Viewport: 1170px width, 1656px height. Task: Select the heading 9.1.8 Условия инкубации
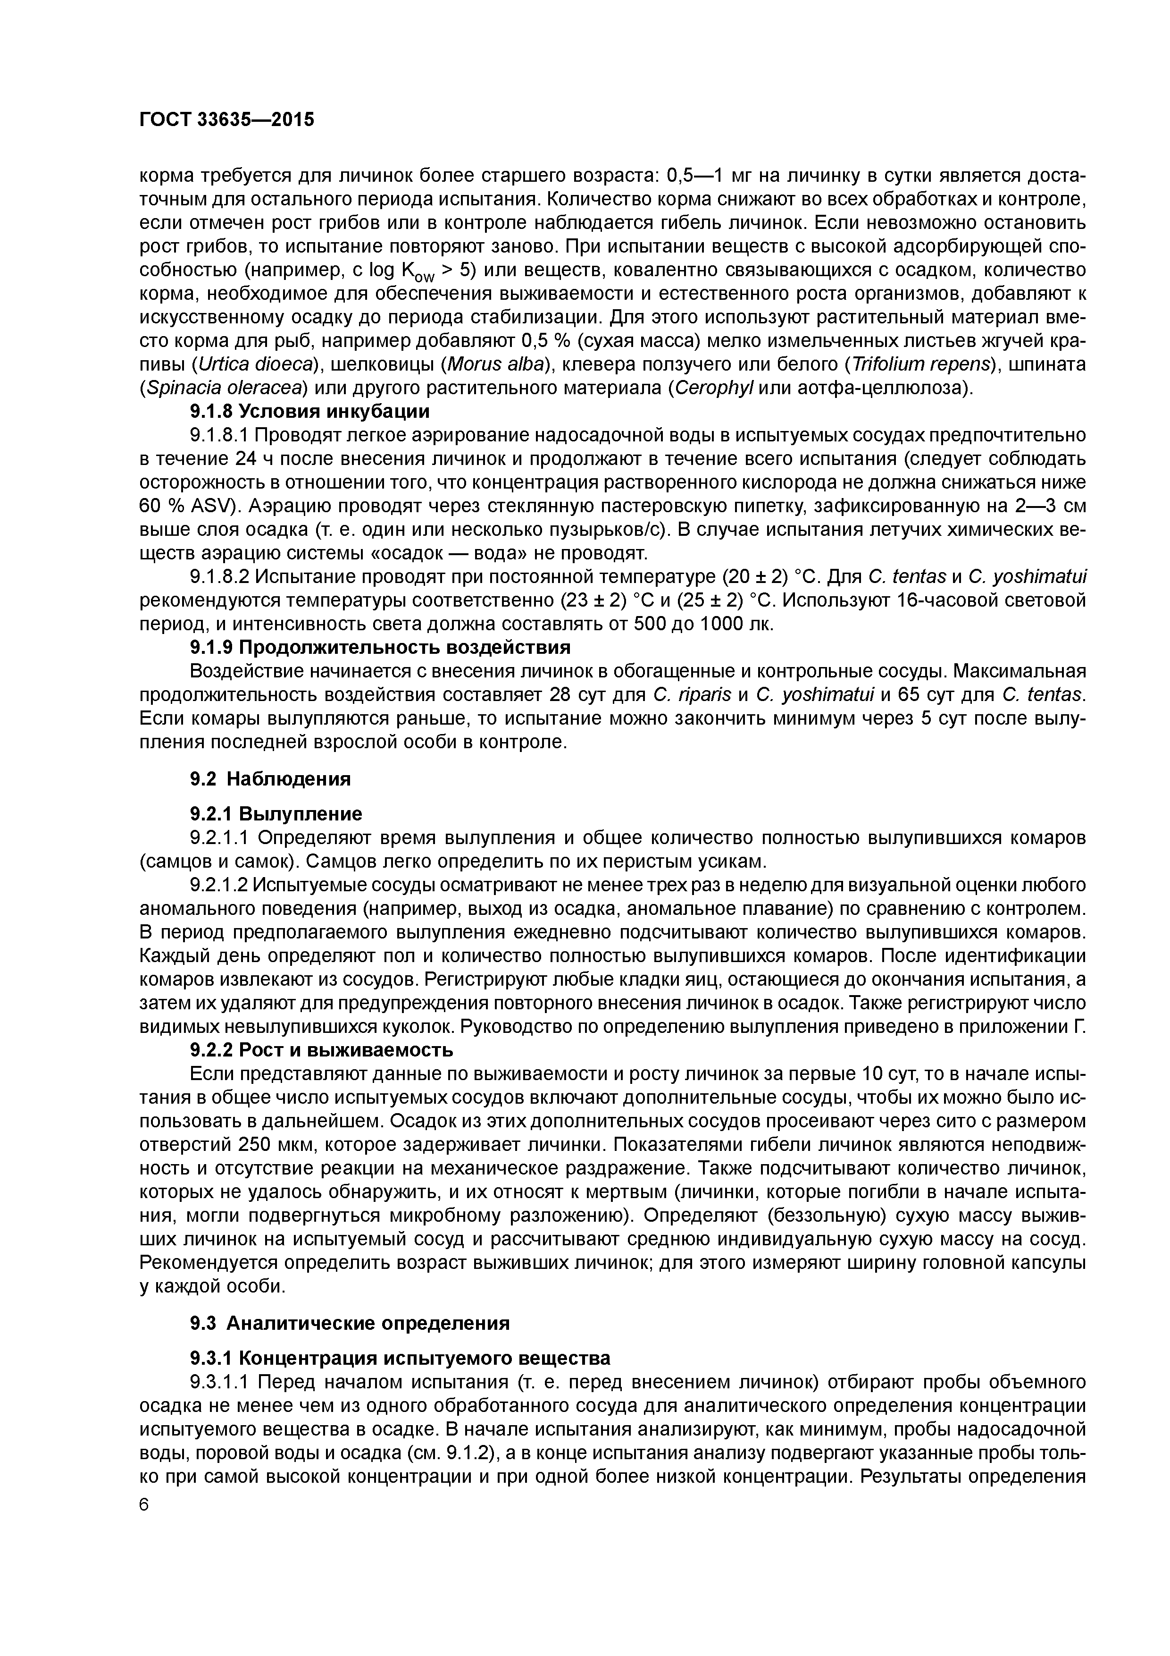click(309, 411)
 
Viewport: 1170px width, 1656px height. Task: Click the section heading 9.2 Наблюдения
click(270, 779)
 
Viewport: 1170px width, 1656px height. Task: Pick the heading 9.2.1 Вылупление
click(276, 814)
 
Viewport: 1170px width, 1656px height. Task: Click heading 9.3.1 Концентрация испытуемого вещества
click(400, 1358)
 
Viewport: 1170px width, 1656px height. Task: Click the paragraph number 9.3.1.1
click(219, 1382)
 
